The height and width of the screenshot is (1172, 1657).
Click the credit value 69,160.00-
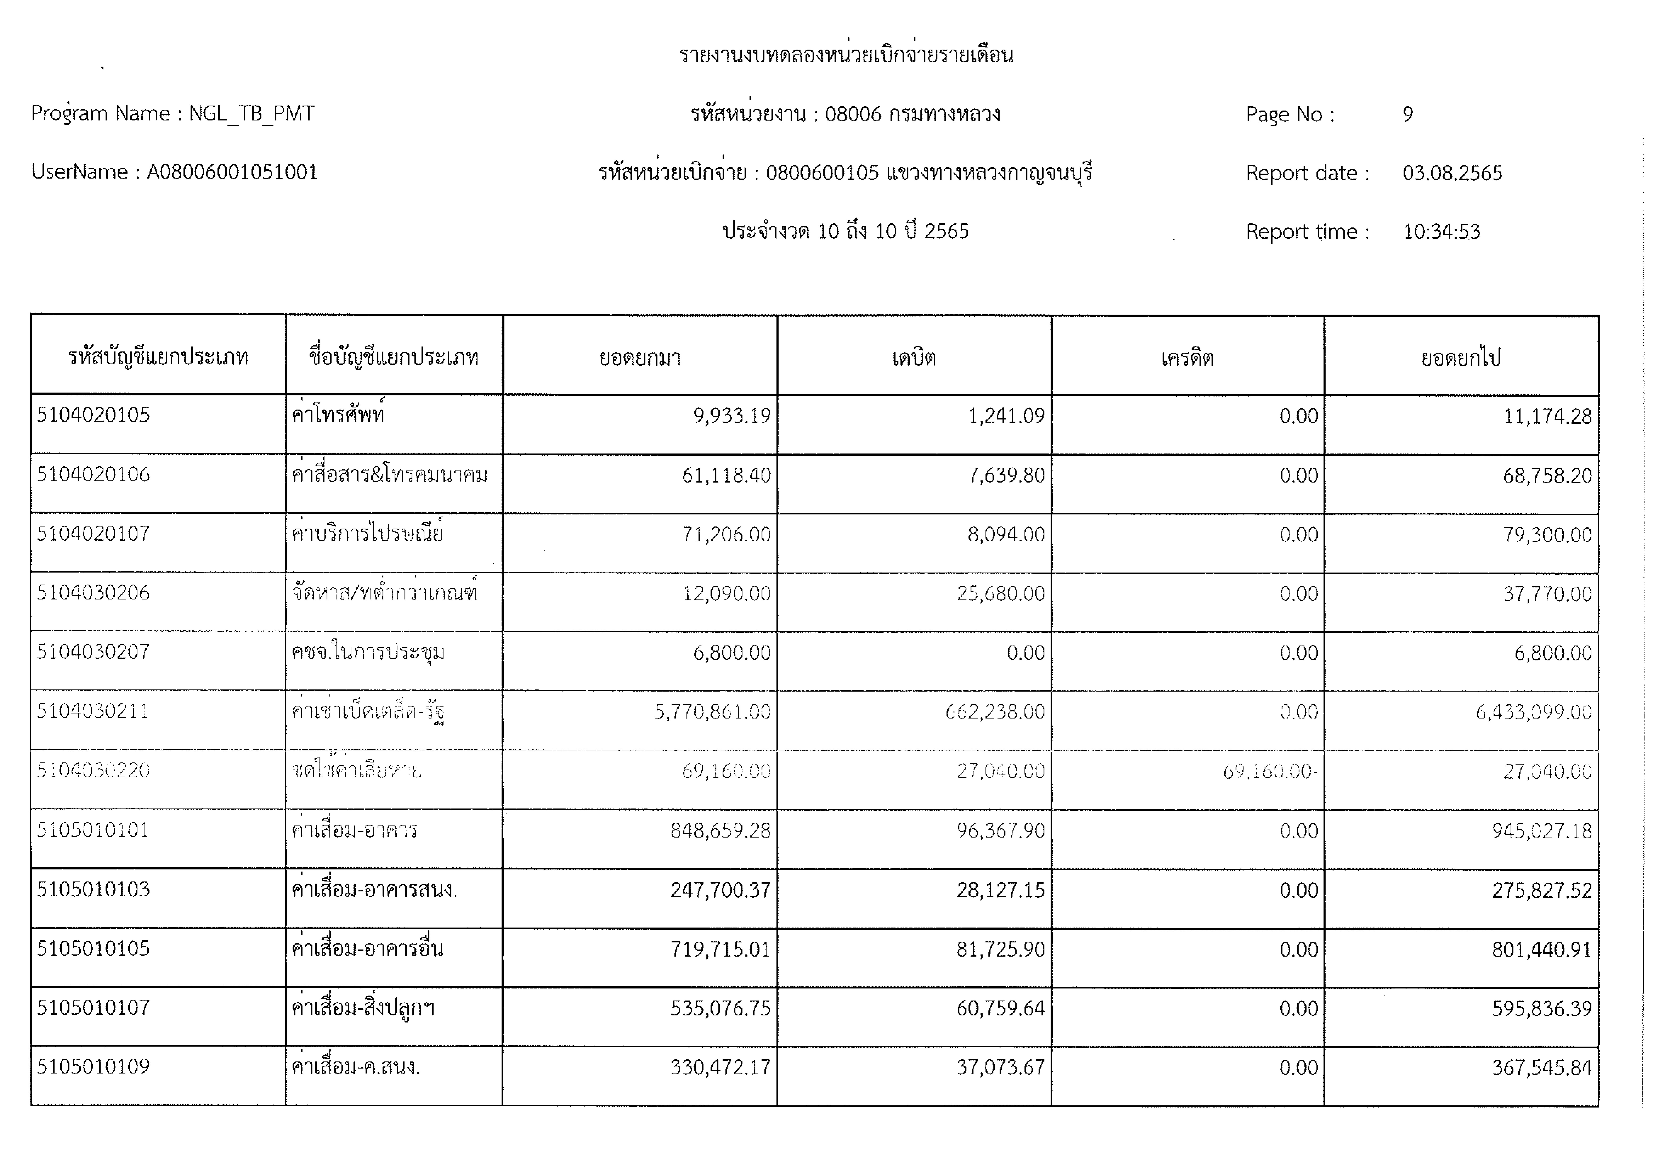tap(1270, 771)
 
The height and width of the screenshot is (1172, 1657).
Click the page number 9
tap(1407, 114)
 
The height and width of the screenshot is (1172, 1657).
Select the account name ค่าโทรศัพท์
tap(338, 415)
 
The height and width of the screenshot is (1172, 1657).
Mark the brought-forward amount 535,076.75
tap(720, 1008)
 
